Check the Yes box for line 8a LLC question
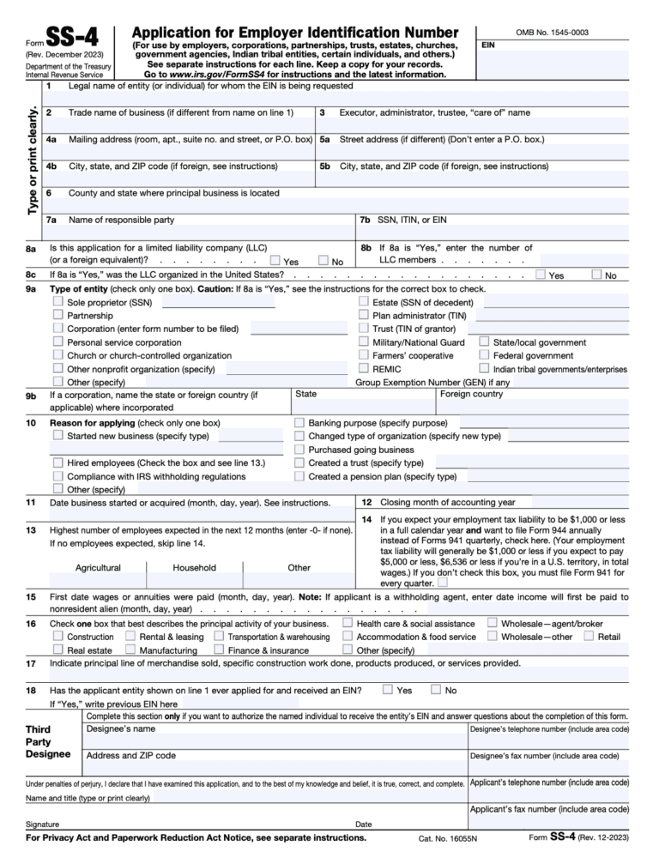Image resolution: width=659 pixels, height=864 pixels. click(274, 260)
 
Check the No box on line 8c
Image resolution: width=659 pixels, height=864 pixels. click(597, 275)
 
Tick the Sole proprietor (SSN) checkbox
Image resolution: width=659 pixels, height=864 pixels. click(58, 303)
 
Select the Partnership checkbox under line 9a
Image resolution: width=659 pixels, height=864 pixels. click(58, 316)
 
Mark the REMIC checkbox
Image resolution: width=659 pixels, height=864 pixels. click(364, 369)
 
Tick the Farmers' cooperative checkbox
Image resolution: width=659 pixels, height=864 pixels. click(364, 355)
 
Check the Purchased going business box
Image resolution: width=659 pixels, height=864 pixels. click(299, 450)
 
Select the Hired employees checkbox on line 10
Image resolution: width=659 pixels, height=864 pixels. click(58, 463)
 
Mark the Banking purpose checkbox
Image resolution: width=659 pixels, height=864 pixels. click(299, 423)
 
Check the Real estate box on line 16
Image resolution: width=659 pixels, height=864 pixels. click(58, 650)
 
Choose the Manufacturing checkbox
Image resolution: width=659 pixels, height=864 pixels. click(130, 650)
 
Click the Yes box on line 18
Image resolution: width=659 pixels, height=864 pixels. click(388, 689)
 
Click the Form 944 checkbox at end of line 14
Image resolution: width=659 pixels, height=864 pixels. click(442, 583)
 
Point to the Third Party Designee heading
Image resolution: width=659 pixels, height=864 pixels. click(49, 741)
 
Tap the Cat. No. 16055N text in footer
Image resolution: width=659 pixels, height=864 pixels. click(448, 838)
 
